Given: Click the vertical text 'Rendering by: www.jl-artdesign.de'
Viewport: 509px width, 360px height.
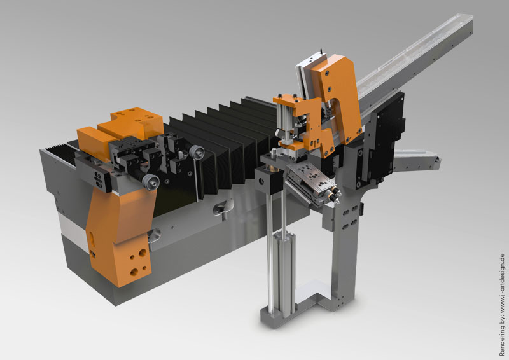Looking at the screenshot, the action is [x=502, y=305].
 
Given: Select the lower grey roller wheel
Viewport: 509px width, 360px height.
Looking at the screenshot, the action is [x=151, y=181].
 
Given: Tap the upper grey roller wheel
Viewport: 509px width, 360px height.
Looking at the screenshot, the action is [x=197, y=152].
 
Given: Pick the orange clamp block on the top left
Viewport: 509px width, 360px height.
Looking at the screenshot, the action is [x=120, y=130].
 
